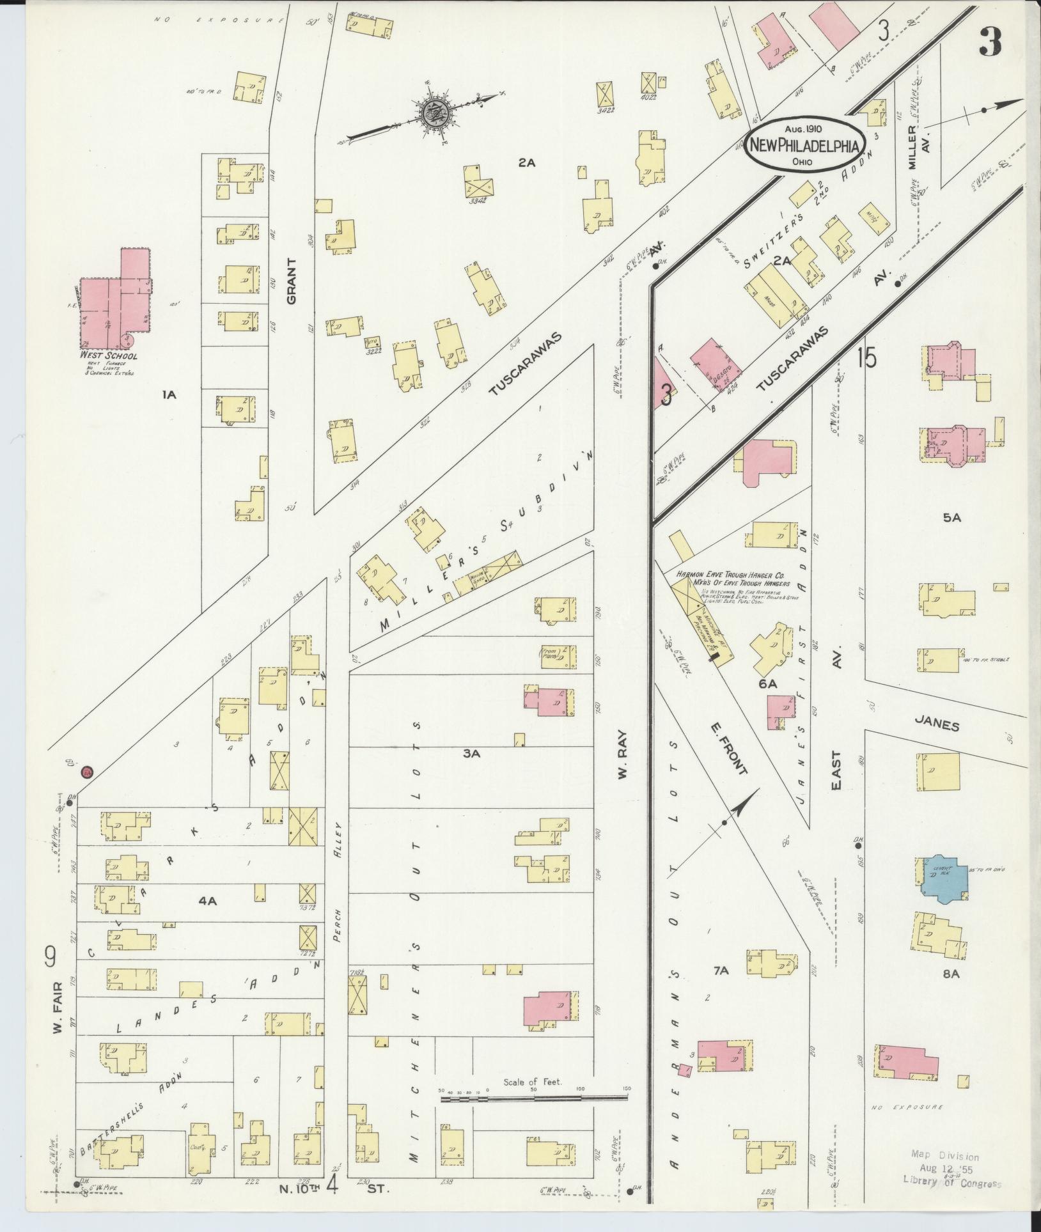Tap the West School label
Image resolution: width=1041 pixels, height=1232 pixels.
(108, 356)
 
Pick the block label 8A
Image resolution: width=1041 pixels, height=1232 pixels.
(951, 992)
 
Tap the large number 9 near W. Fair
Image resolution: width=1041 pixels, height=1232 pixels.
(50, 957)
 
